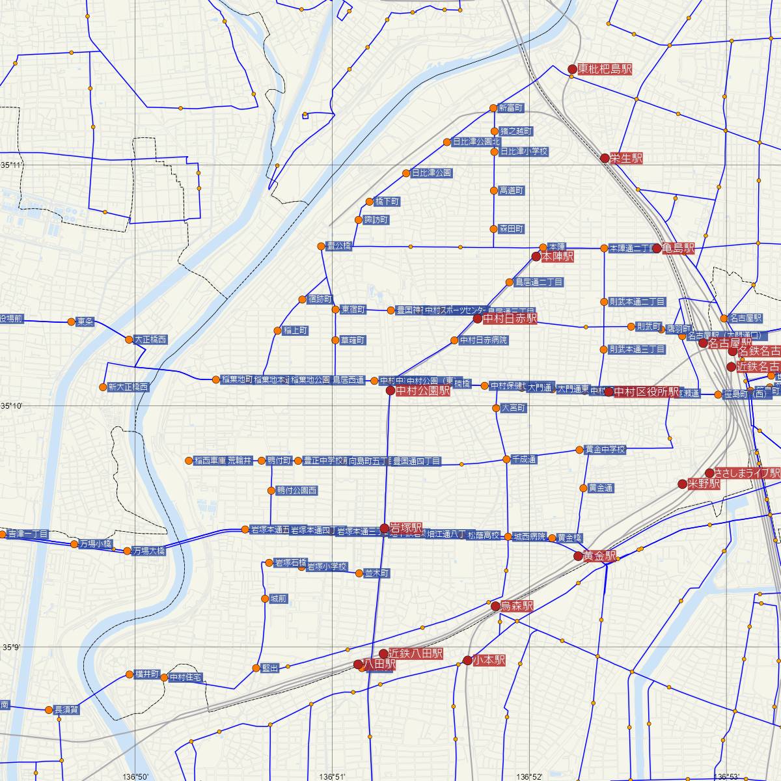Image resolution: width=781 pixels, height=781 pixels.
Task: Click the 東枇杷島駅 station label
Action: [605, 69]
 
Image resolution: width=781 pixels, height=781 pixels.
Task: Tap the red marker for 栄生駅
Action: [605, 158]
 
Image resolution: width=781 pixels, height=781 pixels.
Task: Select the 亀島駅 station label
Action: [678, 249]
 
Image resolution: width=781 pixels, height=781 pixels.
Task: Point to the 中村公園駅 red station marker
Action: [390, 391]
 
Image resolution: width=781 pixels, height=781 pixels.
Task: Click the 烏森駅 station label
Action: [517, 605]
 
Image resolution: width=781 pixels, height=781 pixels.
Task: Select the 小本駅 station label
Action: [489, 660]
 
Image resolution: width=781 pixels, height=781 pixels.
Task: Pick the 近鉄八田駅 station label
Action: [415, 653]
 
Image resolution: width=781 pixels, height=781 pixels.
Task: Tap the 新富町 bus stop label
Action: [510, 108]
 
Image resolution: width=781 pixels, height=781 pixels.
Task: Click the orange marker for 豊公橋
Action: [321, 246]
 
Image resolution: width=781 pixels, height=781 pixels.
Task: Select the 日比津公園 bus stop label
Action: [432, 173]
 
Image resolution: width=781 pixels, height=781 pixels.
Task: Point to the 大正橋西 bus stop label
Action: [150, 340]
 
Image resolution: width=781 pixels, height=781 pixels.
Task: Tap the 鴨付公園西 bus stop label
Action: [297, 491]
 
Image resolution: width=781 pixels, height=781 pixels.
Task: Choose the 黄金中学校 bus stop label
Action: [605, 450]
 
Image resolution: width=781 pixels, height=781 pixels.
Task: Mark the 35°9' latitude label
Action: [12, 648]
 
